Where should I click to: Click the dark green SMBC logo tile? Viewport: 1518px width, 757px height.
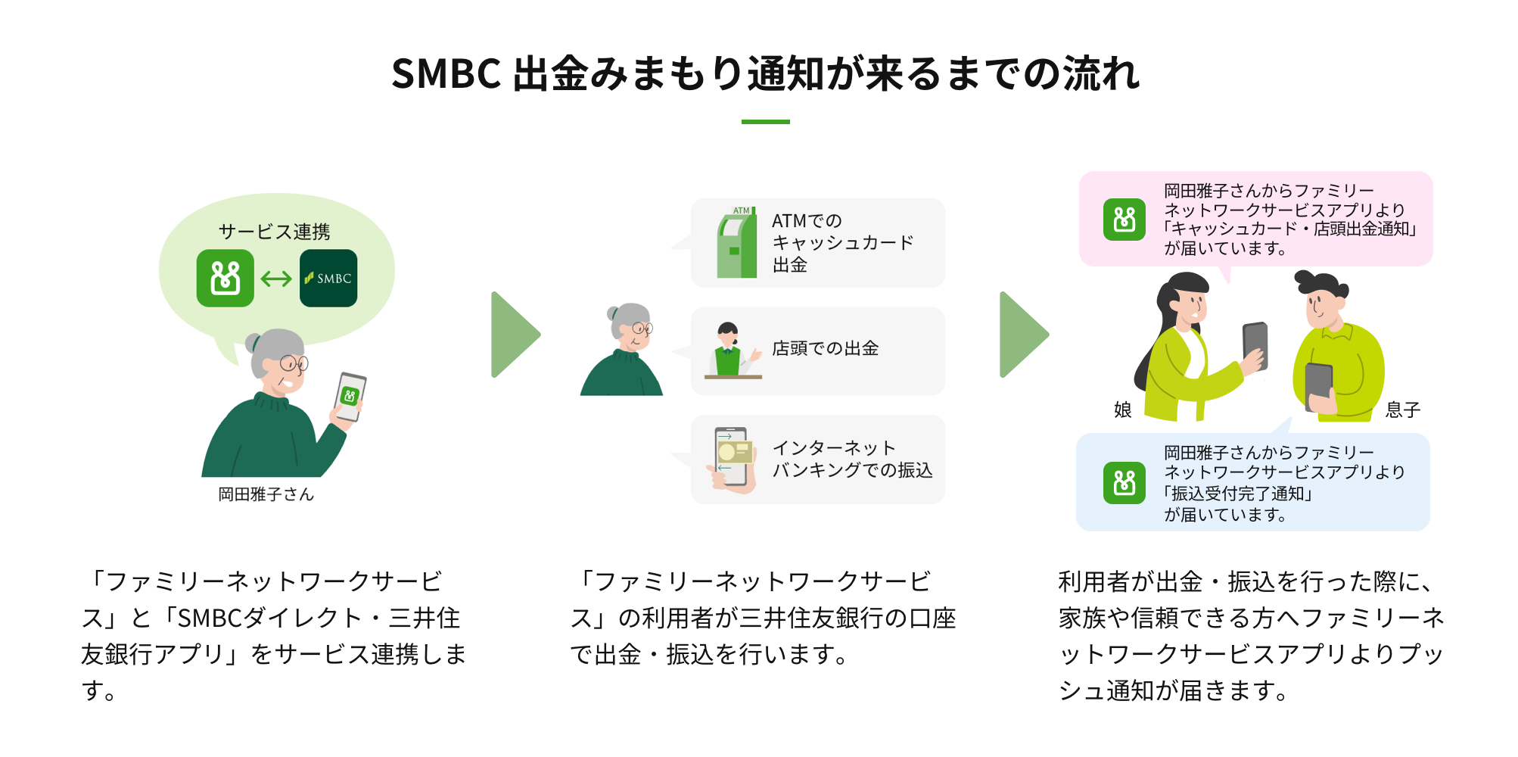click(328, 278)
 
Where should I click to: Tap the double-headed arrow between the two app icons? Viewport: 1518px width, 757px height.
click(276, 279)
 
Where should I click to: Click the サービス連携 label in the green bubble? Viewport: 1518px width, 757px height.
click(274, 232)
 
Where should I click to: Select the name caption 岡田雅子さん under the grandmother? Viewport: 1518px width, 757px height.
click(266, 494)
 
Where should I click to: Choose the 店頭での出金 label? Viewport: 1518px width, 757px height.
click(825, 348)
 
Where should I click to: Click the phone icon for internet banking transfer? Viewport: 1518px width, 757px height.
click(731, 459)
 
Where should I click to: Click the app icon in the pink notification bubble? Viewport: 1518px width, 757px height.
click(1125, 220)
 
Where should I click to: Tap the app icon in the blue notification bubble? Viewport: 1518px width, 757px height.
click(1125, 482)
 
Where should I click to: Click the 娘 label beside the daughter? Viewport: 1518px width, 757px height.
click(1122, 410)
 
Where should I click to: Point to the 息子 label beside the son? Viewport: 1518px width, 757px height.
click(1402, 410)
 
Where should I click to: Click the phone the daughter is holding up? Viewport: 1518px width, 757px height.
click(1255, 346)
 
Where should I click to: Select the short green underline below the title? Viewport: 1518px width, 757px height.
click(765, 122)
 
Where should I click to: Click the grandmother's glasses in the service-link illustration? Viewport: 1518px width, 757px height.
click(294, 363)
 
